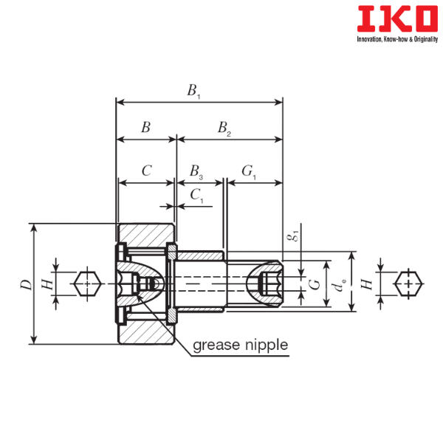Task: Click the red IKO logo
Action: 397,18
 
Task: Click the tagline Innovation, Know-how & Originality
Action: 397,39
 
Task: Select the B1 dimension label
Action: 193,91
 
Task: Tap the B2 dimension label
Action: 224,128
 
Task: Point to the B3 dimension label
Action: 196,172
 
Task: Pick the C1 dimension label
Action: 197,196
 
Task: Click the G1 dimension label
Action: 249,172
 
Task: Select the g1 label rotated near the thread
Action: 294,235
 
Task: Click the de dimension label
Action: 339,285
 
